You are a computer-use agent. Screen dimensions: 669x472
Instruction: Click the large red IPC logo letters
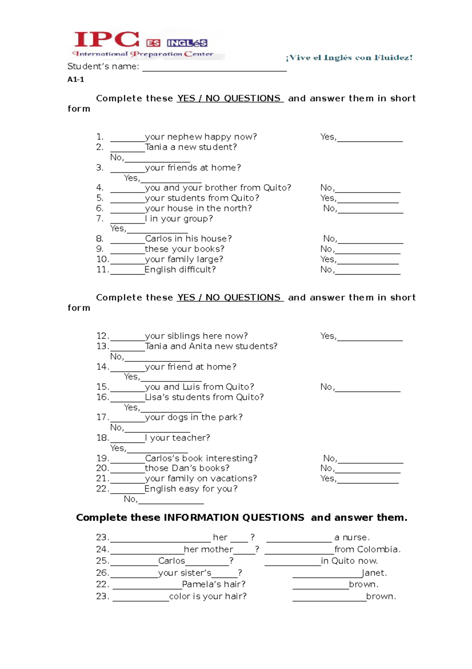[107, 40]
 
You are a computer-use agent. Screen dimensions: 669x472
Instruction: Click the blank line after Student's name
[214, 68]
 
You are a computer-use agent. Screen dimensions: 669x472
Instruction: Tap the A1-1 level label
[76, 80]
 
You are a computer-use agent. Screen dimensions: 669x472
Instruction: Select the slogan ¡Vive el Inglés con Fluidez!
[349, 58]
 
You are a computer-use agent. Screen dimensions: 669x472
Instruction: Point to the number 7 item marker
[100, 218]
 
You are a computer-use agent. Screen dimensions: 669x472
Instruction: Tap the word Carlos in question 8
[159, 239]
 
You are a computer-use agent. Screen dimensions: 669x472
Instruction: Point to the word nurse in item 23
[355, 537]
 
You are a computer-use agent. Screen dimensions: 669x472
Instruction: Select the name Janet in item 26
[374, 573]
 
